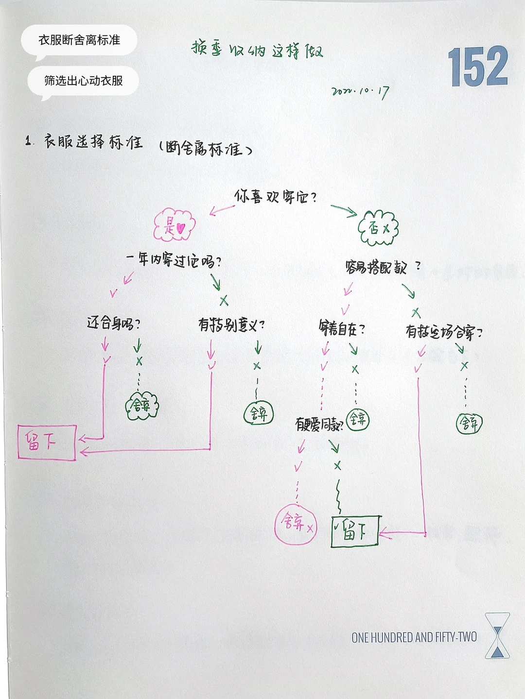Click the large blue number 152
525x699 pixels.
pos(477,67)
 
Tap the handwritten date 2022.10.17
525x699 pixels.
pos(360,91)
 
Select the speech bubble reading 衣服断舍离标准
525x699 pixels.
pos(79,40)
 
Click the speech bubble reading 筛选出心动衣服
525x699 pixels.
pos(83,81)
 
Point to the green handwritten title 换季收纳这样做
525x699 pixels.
pos(257,50)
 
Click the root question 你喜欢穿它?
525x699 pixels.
pos(275,197)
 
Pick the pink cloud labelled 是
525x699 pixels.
pos(174,225)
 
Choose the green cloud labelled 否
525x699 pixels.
pos(378,227)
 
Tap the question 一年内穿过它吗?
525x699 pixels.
pos(174,260)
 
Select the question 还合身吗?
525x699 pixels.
pos(113,323)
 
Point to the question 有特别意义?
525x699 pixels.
pos(231,324)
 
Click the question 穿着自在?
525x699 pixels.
pos(342,329)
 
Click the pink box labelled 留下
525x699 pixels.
pos(47,442)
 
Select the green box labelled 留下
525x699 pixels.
pos(355,531)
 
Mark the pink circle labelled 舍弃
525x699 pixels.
pos(296,524)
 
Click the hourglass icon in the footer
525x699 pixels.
pos(497,635)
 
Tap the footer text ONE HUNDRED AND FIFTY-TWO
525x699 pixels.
pos(414,637)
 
